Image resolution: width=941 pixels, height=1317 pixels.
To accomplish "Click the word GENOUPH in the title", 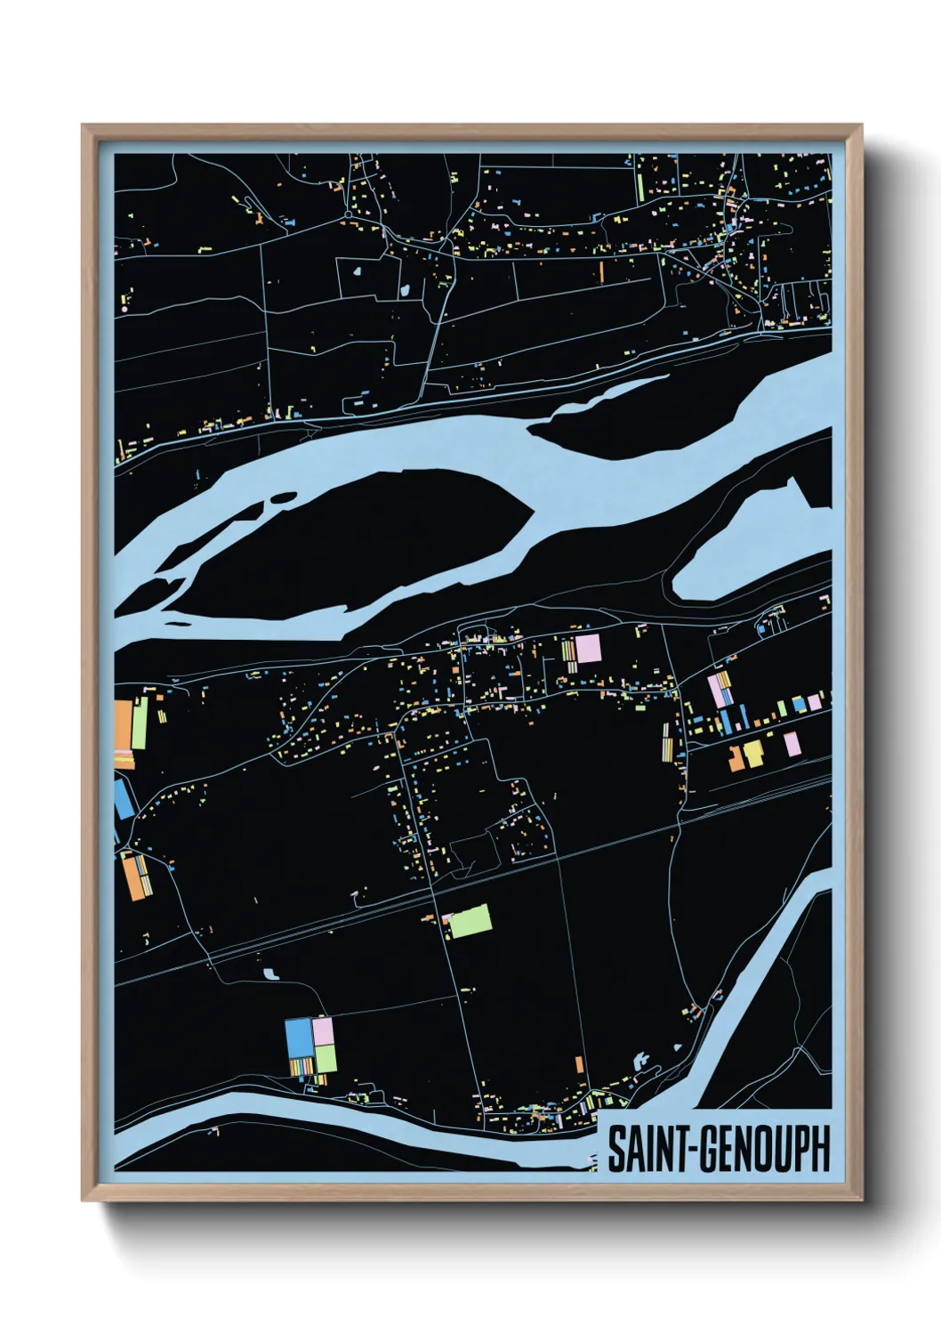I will pos(762,1149).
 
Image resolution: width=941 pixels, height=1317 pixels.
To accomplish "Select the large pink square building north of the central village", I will pos(589,648).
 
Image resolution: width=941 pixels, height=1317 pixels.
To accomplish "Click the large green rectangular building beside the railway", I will pos(470,922).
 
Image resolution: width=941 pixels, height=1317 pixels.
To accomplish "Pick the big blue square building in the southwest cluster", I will pos(298,1037).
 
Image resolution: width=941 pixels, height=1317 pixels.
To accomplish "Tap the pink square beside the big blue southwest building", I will pos(323,1030).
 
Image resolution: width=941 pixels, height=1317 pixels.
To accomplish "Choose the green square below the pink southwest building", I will pos(326,1058).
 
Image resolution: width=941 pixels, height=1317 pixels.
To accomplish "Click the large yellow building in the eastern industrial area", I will pos(753,754).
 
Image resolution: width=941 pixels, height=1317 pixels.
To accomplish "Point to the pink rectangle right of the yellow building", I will pos(792,744).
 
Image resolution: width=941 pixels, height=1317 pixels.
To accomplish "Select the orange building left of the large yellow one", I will pos(736,758).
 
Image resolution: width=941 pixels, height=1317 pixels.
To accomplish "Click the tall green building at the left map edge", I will pos(139,723).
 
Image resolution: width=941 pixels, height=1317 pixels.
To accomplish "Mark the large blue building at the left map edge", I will pos(123,798).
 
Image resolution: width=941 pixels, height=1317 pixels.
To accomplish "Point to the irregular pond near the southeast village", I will pos(639,1062).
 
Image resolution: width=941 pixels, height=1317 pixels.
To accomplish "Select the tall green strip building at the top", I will pos(639,185).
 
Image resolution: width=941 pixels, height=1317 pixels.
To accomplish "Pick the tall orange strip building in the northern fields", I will pos(601,271).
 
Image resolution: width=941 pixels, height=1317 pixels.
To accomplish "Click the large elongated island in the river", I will pos(356,543).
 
